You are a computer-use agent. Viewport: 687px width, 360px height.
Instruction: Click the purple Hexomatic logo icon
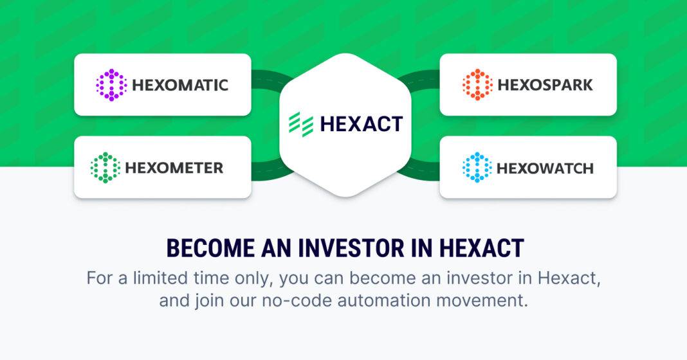tap(111, 84)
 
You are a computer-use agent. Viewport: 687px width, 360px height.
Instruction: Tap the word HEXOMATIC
tap(180, 85)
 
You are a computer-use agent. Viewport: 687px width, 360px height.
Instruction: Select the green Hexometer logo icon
tap(105, 167)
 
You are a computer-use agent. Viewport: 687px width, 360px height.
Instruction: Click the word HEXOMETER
tap(174, 168)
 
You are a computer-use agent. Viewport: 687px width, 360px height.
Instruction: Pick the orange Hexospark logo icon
tap(477, 84)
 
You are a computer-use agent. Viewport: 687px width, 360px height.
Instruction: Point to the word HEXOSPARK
tap(545, 85)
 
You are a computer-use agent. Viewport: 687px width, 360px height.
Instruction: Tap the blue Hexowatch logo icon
tap(477, 167)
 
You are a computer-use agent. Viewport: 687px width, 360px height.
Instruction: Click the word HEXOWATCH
tap(545, 168)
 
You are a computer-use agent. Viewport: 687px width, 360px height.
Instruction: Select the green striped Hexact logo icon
tap(301, 124)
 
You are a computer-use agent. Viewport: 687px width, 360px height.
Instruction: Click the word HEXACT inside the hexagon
tap(362, 124)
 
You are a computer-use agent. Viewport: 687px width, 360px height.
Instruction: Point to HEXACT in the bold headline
tap(482, 248)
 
